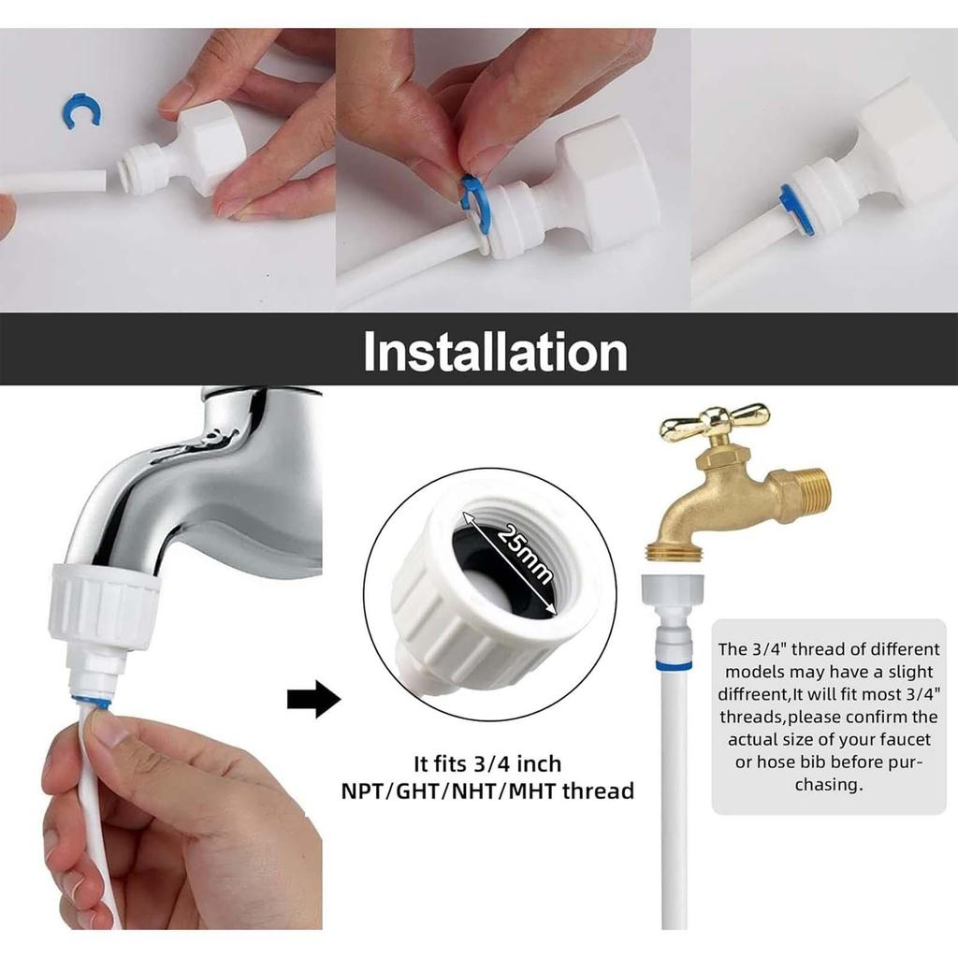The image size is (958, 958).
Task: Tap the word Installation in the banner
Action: tap(496, 352)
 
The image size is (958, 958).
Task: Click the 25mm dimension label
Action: tap(525, 555)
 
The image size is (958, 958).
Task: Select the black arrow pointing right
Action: tap(313, 698)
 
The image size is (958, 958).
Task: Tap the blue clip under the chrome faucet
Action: tap(91, 702)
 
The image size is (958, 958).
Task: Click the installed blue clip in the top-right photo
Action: tap(788, 203)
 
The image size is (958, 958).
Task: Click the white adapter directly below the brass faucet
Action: tap(674, 617)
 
